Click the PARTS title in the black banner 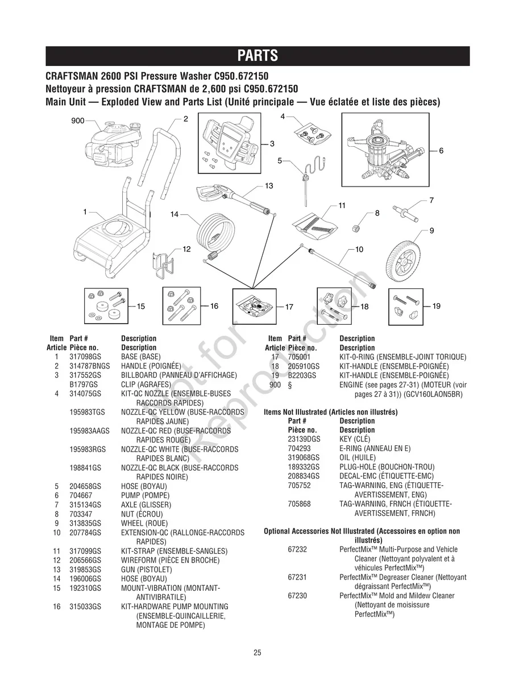(257, 56)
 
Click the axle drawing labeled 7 (411, 215)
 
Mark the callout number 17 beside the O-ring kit (289, 307)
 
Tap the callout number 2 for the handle (185, 119)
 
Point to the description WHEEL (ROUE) (144, 523)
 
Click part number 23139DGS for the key (304, 439)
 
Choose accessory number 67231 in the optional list (297, 577)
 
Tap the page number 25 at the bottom (257, 652)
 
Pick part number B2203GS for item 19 (301, 375)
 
